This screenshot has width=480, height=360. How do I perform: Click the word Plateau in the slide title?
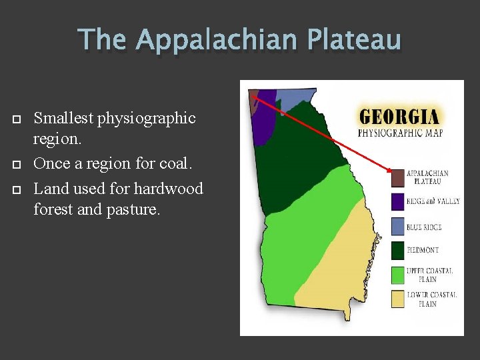click(354, 40)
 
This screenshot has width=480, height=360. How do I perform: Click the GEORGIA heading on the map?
click(399, 117)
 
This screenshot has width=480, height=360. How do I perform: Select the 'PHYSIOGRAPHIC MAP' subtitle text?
click(400, 133)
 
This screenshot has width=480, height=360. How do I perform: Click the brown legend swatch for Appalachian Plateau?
click(397, 177)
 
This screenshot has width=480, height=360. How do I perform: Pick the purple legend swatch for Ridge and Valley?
click(397, 201)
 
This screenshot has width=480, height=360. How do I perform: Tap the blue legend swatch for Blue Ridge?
click(397, 227)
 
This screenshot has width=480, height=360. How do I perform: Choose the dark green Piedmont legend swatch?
click(397, 251)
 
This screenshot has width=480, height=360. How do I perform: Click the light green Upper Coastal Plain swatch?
click(397, 275)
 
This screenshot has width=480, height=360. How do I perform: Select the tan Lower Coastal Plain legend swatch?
click(397, 299)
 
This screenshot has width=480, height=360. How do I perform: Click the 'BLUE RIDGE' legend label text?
click(424, 227)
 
